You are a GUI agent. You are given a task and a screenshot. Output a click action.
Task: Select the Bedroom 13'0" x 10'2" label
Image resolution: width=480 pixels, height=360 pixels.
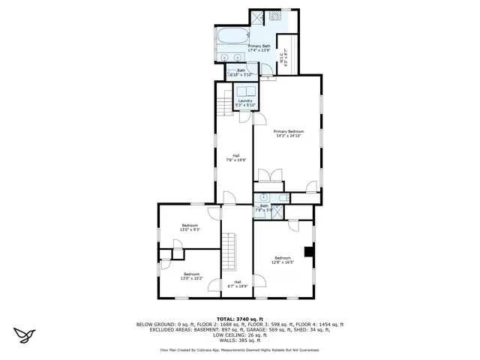(x=191, y=275)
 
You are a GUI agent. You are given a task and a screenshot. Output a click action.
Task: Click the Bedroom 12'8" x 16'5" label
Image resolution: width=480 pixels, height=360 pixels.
(x=282, y=259)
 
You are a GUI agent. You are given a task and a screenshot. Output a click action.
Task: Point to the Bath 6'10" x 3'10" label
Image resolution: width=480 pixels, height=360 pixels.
(x=241, y=72)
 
